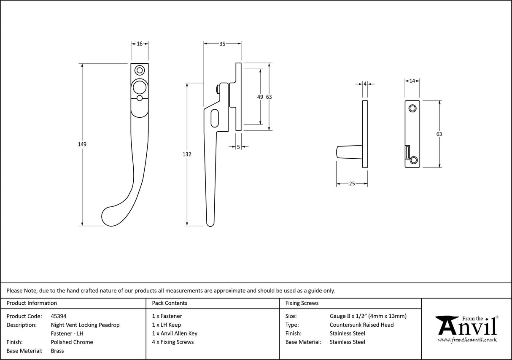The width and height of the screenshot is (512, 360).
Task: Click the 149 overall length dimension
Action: tap(82, 144)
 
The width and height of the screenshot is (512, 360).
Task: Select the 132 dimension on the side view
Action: tap(187, 154)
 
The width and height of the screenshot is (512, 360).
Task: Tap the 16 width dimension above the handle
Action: tap(140, 43)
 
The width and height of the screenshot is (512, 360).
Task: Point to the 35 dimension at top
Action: tap(222, 43)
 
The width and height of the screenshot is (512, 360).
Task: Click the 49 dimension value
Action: tap(260, 97)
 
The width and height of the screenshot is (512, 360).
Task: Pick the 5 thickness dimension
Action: tap(238, 147)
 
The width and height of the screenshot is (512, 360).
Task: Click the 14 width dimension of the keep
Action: tap(412, 80)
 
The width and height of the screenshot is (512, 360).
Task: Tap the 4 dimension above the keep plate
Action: tap(365, 84)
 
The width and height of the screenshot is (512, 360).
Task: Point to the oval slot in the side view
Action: tap(214, 118)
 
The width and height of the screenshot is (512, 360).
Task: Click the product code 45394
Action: tap(58, 316)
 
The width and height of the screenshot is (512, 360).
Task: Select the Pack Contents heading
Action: tap(170, 303)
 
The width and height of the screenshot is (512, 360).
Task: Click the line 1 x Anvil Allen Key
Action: tap(175, 333)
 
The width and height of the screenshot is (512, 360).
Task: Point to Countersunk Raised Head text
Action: tap(361, 325)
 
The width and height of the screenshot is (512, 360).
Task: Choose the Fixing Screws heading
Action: tap(302, 303)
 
